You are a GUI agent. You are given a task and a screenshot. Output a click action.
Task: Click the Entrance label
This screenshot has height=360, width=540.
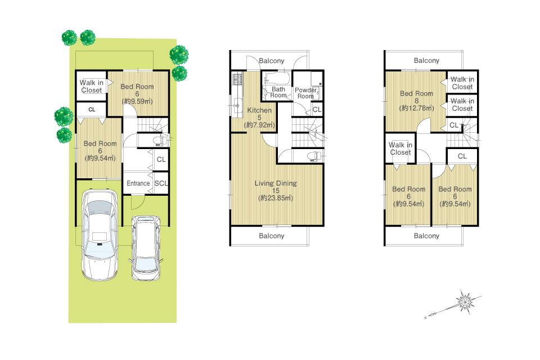pyautogui.click(x=138, y=183)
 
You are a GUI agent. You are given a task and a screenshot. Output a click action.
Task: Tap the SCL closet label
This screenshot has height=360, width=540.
pyautogui.click(x=161, y=183)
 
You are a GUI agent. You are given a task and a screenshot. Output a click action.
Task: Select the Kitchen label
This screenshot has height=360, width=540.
pyautogui.click(x=259, y=110)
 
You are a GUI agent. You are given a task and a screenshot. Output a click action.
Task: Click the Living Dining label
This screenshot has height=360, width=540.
pyautogui.click(x=276, y=183)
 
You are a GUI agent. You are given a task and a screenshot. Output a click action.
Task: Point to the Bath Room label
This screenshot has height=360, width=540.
pyautogui.click(x=278, y=92)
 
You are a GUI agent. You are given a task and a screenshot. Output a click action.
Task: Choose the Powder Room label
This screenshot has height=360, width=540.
pyautogui.click(x=305, y=93)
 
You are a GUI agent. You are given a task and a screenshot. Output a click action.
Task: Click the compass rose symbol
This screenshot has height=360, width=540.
pyautogui.click(x=465, y=302)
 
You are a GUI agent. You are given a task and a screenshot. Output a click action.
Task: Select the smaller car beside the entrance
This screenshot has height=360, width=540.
pyautogui.click(x=146, y=247)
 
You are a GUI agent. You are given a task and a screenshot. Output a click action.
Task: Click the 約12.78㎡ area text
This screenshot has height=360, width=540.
pyautogui.click(x=416, y=108)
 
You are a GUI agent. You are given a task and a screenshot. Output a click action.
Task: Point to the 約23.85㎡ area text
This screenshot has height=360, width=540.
pyautogui.click(x=276, y=198)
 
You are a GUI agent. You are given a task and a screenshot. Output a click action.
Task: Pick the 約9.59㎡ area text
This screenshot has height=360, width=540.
pyautogui.click(x=137, y=101)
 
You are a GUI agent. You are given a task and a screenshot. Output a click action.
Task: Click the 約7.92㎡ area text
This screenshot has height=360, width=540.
pyautogui.click(x=259, y=125)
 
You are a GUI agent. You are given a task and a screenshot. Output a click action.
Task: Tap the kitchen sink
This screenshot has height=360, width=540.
pyautogui.click(x=237, y=105)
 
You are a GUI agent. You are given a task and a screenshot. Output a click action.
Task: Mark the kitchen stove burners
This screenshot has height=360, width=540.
pyautogui.click(x=237, y=79)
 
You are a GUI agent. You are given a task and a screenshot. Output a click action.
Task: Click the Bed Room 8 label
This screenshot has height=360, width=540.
pyautogui.click(x=416, y=97)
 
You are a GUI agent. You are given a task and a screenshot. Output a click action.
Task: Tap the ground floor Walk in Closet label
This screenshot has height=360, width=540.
pyautogui.click(x=91, y=87)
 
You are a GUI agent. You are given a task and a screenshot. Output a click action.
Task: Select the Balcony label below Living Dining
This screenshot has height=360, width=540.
pyautogui.click(x=271, y=236)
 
